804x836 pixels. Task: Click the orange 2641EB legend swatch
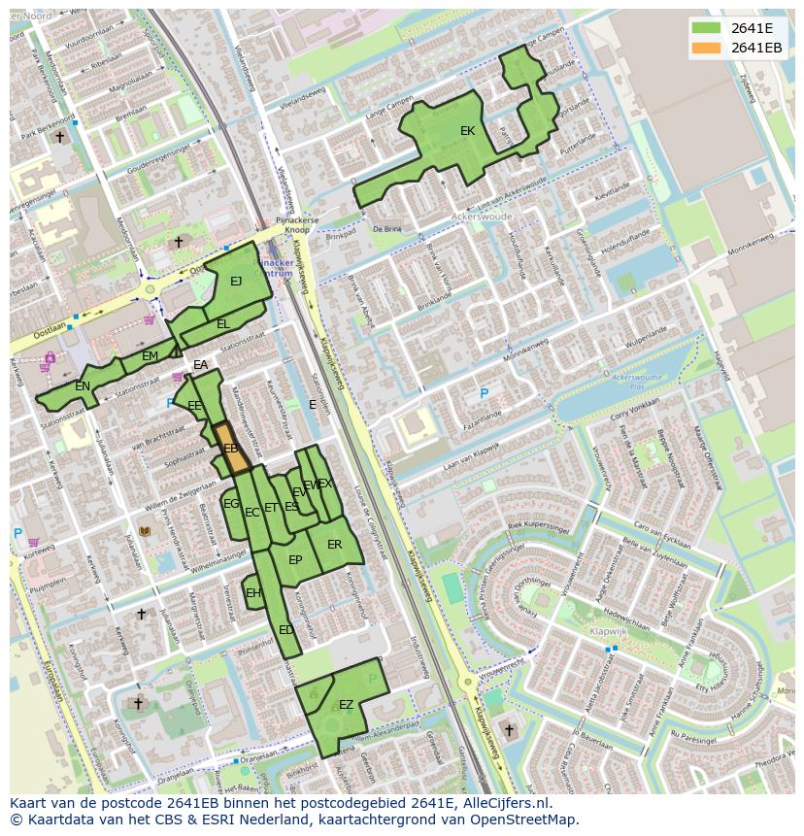[707, 48]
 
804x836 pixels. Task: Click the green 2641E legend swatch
[707, 28]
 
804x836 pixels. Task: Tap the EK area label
[467, 131]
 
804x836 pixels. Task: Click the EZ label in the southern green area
[346, 705]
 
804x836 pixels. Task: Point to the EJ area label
[236, 282]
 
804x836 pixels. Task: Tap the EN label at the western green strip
[83, 386]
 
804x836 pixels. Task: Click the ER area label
[334, 545]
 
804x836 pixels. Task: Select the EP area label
[295, 560]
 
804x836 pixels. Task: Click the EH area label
[253, 593]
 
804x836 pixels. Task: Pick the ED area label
[285, 630]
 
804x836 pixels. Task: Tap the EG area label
[231, 504]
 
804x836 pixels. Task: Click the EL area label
[223, 324]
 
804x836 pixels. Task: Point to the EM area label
[150, 356]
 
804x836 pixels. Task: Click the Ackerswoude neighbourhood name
[482, 217]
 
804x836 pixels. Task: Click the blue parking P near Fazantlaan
[484, 393]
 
